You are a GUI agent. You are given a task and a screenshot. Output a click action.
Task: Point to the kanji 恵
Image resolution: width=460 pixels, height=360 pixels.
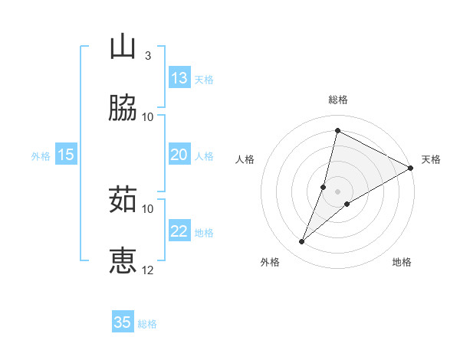pyautogui.click(x=123, y=260)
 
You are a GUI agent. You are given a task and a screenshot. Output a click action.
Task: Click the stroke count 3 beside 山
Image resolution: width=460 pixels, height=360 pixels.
pyautogui.click(x=147, y=55)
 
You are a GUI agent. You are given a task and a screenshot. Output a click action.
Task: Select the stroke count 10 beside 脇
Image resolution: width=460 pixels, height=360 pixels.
pyautogui.click(x=148, y=116)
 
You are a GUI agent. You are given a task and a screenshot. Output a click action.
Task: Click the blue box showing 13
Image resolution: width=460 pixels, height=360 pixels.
pyautogui.click(x=179, y=78)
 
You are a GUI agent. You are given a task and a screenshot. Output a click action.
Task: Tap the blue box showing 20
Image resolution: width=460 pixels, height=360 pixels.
pyautogui.click(x=179, y=155)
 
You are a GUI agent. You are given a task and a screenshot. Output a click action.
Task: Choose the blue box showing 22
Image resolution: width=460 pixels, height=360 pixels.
pyautogui.click(x=179, y=231)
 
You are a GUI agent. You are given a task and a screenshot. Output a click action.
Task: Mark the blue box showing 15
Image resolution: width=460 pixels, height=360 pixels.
pyautogui.click(x=66, y=155)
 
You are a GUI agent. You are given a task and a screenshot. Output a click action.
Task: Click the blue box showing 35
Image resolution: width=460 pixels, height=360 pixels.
pyautogui.click(x=123, y=322)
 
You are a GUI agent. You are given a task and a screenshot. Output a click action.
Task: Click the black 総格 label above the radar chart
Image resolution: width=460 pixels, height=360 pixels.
pyautogui.click(x=338, y=100)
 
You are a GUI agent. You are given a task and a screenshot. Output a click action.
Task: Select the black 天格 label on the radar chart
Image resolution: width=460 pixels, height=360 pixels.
pyautogui.click(x=431, y=159)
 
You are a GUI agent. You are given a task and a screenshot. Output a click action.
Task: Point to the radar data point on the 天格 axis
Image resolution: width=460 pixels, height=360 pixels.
pyautogui.click(x=411, y=168)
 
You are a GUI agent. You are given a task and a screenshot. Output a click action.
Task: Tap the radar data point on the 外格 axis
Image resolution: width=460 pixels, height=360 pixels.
pyautogui.click(x=302, y=242)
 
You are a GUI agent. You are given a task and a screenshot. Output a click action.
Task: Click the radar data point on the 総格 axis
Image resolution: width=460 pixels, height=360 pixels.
pyautogui.click(x=337, y=130)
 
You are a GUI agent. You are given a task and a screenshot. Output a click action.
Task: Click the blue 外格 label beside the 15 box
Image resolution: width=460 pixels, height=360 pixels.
pyautogui.click(x=41, y=155)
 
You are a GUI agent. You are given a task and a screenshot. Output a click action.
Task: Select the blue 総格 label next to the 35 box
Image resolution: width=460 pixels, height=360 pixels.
pyautogui.click(x=148, y=323)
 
